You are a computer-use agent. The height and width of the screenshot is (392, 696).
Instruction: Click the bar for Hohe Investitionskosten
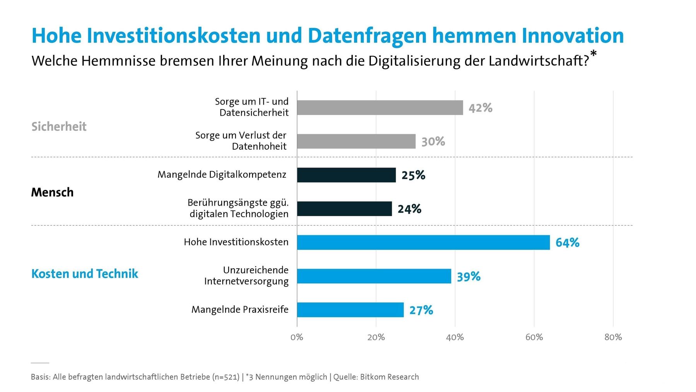click(423, 242)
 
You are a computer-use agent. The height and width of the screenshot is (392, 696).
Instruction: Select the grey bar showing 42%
click(380, 108)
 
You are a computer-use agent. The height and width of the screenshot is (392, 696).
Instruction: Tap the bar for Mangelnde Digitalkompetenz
click(346, 175)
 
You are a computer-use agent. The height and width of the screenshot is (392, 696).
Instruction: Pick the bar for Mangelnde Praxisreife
click(350, 310)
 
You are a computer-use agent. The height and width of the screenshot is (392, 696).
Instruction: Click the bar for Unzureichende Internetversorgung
click(374, 276)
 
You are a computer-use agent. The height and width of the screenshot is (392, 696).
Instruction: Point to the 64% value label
click(567, 243)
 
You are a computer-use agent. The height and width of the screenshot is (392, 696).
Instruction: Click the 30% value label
click(433, 142)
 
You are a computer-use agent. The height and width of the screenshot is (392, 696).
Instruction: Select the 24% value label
click(409, 209)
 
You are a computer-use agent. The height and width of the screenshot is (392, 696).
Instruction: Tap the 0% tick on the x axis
click(297, 337)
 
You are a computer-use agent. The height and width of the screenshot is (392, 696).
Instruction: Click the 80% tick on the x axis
click(613, 337)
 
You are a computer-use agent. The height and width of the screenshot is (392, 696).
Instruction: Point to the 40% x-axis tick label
click(455, 337)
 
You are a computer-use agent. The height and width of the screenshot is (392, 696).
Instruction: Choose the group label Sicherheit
click(59, 127)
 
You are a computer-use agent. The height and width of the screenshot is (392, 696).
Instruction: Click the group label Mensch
click(52, 192)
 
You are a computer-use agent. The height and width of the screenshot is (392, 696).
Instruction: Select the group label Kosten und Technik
click(84, 274)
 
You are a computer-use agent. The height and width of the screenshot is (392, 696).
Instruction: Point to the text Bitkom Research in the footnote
click(389, 377)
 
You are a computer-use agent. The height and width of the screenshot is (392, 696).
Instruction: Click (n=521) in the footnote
click(226, 377)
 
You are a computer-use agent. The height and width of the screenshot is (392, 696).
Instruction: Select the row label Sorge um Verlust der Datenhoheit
click(241, 141)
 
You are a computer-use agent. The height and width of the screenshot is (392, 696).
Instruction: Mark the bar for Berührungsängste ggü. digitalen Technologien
click(344, 209)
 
